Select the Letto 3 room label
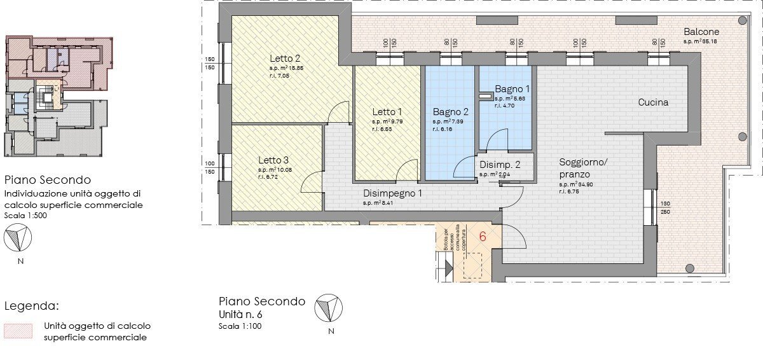click(273, 160)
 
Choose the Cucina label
click(654, 102)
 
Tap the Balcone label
click(701, 32)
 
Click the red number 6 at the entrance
click(483, 237)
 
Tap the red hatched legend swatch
click(18, 331)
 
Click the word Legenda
click(32, 306)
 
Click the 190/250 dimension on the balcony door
click(664, 208)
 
